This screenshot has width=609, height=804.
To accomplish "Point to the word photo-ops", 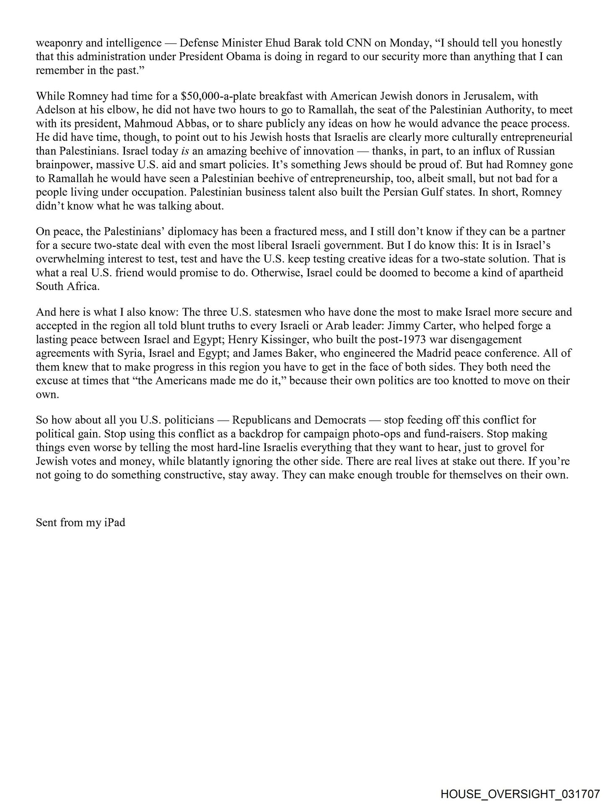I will (373, 434).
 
